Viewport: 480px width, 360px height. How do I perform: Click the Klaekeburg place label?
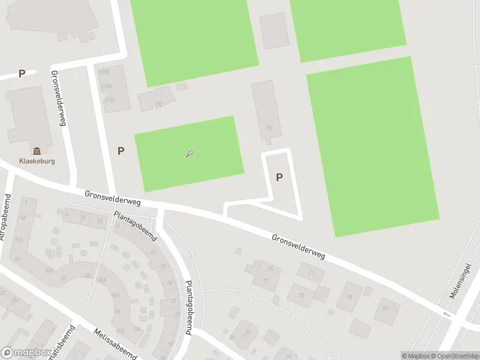tap(37, 161)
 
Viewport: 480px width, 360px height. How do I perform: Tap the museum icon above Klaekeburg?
tap(37, 151)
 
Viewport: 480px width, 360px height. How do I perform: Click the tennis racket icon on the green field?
tap(190, 154)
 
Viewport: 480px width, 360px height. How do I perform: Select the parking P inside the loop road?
tap(279, 177)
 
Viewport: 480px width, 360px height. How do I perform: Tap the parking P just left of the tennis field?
tap(121, 151)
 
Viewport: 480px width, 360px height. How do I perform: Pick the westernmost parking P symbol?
tap(22, 74)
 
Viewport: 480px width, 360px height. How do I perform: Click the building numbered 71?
tap(311, 272)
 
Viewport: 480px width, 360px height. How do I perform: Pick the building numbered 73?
tap(301, 295)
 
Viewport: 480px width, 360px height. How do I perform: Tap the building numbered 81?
tap(350, 295)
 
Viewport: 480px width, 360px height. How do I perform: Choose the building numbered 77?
tap(265, 280)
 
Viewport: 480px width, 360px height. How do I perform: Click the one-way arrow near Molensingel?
tap(446, 314)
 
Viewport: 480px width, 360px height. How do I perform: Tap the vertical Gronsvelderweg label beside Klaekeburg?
tap(59, 98)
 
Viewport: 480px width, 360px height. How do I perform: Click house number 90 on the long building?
tap(269, 127)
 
